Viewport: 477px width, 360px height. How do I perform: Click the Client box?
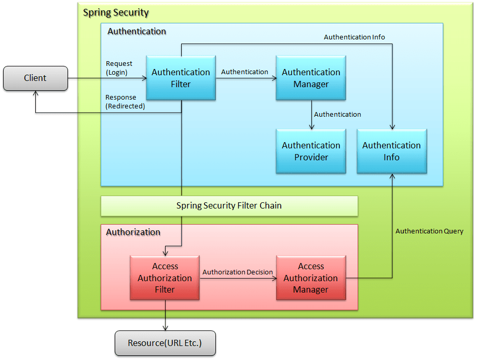click(x=35, y=78)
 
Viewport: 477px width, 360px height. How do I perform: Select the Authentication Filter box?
click(x=181, y=78)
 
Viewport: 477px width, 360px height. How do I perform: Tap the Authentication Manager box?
click(x=311, y=78)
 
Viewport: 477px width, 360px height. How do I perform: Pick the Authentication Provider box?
click(x=311, y=151)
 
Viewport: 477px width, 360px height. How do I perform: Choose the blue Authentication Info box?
click(x=391, y=151)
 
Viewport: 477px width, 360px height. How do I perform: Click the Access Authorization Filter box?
click(x=165, y=278)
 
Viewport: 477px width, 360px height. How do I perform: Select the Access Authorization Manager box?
click(x=311, y=278)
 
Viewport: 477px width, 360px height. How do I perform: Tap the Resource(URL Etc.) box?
click(x=165, y=343)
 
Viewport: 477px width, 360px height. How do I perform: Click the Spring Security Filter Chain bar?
click(x=229, y=205)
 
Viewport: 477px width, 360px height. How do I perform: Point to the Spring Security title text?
click(x=116, y=12)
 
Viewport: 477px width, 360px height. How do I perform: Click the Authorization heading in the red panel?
click(x=133, y=232)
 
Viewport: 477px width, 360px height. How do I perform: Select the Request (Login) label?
click(x=119, y=67)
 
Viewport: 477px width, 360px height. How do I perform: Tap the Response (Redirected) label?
click(x=125, y=102)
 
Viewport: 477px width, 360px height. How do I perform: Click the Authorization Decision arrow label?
click(x=237, y=272)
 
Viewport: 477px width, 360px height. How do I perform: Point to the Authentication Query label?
click(x=429, y=231)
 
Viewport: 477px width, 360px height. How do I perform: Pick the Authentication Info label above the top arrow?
click(x=354, y=37)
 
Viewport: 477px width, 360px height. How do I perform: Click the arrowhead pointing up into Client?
click(x=35, y=94)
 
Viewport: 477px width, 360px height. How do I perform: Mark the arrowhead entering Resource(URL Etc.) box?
click(x=165, y=328)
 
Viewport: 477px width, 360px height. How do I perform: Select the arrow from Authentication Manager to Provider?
click(x=311, y=115)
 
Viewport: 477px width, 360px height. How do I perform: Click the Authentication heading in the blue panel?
click(x=137, y=31)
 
